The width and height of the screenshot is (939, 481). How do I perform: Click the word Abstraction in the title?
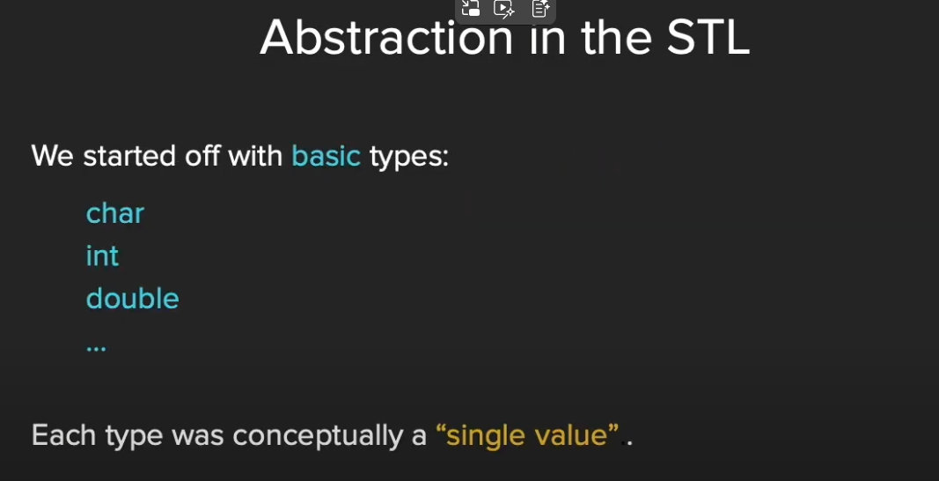click(386, 38)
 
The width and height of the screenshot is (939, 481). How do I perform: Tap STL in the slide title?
click(708, 38)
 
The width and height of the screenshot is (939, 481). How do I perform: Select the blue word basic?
click(326, 156)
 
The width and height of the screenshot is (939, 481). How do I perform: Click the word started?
click(129, 156)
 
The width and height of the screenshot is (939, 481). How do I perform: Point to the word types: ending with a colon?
click(409, 158)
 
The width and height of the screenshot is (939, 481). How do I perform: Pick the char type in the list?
click(115, 213)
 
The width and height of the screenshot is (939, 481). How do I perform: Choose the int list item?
click(102, 255)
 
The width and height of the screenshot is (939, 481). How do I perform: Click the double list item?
click(132, 298)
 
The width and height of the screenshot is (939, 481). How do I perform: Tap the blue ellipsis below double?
click(96, 347)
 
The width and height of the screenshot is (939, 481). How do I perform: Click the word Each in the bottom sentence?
click(63, 434)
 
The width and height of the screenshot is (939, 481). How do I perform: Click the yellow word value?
click(569, 434)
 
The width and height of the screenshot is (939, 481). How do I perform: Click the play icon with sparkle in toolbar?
click(503, 9)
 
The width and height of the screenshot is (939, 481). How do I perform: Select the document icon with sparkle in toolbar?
click(540, 9)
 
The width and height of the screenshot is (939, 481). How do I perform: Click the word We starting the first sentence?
click(53, 157)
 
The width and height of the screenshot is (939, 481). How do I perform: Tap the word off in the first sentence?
click(202, 156)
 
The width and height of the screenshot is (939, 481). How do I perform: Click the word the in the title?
click(618, 38)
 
